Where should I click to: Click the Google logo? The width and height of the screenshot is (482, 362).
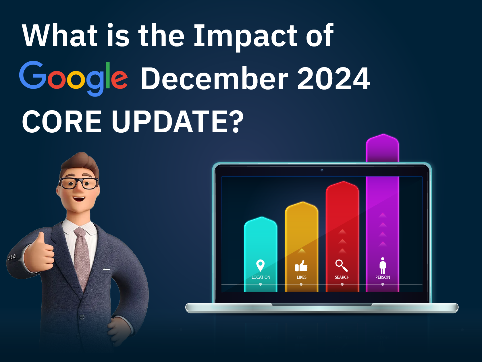click(73, 78)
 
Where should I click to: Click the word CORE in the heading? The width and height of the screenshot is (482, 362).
click(62, 122)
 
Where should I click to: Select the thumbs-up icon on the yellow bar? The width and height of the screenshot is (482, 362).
click(301, 266)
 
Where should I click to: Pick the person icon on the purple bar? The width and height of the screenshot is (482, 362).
click(383, 266)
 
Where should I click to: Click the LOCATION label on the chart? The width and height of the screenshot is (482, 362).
click(261, 277)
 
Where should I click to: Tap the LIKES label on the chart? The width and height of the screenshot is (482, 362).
click(302, 277)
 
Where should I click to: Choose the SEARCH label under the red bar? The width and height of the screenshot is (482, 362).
click(342, 277)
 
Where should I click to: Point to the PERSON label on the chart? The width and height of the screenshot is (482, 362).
click(383, 277)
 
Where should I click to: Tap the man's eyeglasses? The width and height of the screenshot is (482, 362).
click(78, 183)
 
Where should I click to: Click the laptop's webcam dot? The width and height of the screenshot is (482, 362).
click(322, 170)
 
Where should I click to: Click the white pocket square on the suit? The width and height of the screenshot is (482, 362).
click(107, 269)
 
